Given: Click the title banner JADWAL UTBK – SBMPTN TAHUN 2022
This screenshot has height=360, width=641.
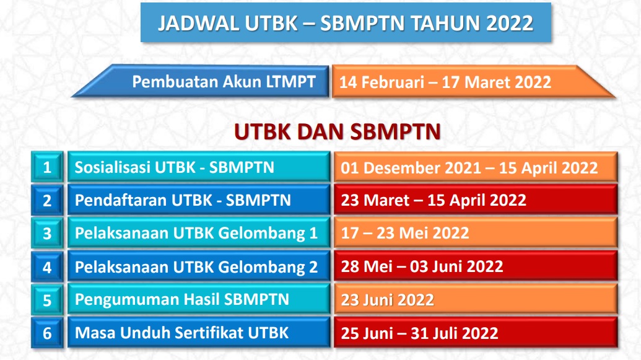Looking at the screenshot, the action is pyautogui.click(x=346, y=22).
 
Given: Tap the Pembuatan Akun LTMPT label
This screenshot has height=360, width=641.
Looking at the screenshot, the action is pyautogui.click(x=224, y=81).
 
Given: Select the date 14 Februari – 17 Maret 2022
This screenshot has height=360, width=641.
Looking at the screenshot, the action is pyautogui.click(x=445, y=82).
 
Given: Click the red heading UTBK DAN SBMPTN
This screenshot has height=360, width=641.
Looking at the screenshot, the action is pyautogui.click(x=338, y=132).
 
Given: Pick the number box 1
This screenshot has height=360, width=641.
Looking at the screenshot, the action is pyautogui.click(x=48, y=167).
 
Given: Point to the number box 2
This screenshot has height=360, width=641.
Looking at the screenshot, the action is pyautogui.click(x=48, y=200).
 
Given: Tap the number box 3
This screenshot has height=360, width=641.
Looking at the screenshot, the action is pyautogui.click(x=48, y=233).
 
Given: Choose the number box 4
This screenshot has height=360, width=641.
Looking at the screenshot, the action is pyautogui.click(x=48, y=266).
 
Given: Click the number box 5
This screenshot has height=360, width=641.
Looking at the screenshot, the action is pyautogui.click(x=48, y=300).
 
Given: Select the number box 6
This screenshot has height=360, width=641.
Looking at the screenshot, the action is pyautogui.click(x=48, y=333).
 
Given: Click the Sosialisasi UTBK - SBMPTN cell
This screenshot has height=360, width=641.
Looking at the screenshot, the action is pyautogui.click(x=199, y=167).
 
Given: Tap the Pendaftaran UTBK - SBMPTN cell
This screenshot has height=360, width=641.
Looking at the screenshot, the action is pyautogui.click(x=199, y=200).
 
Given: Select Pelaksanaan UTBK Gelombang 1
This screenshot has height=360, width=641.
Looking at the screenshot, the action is pyautogui.click(x=199, y=233).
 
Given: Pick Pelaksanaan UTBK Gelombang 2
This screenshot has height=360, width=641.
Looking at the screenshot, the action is pyautogui.click(x=199, y=266).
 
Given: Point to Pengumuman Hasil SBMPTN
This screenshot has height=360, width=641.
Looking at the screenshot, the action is pyautogui.click(x=199, y=300).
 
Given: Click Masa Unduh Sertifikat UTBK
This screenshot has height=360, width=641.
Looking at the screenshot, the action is pyautogui.click(x=199, y=333).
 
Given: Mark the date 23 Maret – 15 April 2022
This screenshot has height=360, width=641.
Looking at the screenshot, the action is pyautogui.click(x=434, y=200).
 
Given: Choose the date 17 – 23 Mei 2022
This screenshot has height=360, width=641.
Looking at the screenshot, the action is pyautogui.click(x=405, y=233).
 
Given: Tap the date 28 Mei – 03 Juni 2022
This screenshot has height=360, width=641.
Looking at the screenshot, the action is pyautogui.click(x=422, y=266).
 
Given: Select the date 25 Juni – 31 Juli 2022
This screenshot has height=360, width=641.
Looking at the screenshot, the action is pyautogui.click(x=419, y=333).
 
